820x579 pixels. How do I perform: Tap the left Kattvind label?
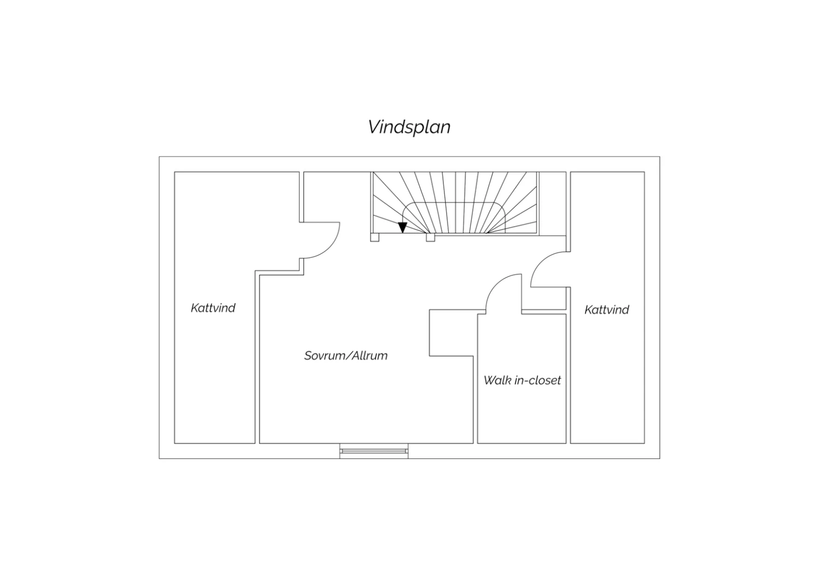(x=213, y=308)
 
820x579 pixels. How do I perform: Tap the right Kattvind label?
(x=607, y=310)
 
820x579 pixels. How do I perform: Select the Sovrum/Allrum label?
(x=346, y=356)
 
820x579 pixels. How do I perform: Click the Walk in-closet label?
(x=522, y=380)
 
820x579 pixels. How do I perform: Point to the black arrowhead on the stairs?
(x=402, y=228)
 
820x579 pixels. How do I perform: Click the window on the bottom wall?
(x=374, y=451)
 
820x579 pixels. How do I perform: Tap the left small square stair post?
(x=374, y=238)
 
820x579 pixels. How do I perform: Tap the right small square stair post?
(x=431, y=238)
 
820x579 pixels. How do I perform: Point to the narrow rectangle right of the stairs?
(x=552, y=204)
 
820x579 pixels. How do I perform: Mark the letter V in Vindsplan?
(x=374, y=127)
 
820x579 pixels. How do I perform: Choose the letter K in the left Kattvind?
(x=195, y=308)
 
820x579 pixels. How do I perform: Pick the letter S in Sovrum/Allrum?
(x=308, y=356)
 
